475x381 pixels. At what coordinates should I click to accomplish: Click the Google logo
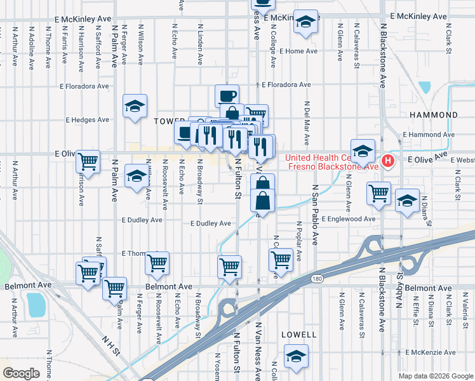coord(21,373)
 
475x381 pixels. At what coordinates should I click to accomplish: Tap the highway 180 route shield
coord(315,278)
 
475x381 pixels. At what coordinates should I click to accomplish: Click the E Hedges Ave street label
coord(88,119)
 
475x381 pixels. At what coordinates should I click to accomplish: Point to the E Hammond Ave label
coord(429,135)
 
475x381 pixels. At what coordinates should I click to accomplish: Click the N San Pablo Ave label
coord(314,215)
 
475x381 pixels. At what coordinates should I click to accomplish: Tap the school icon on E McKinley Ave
coord(306,23)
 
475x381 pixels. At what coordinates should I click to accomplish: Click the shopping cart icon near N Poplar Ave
coord(281,259)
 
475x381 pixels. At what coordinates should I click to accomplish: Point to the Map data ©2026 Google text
coord(435,376)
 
